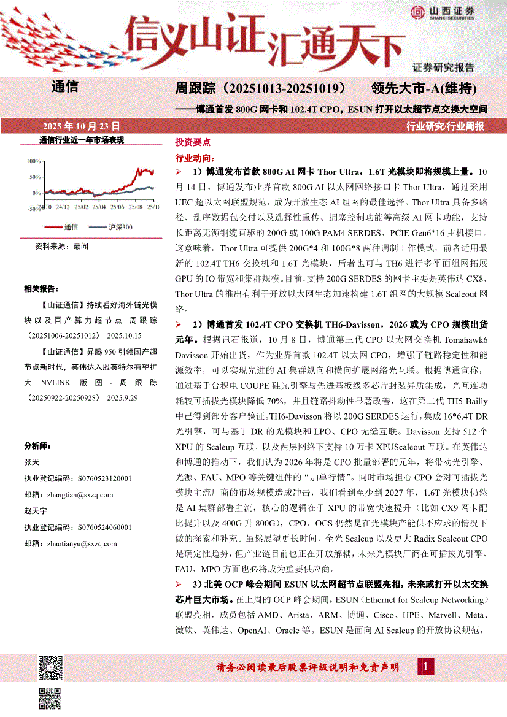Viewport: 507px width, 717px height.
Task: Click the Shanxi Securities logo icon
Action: tap(417, 12)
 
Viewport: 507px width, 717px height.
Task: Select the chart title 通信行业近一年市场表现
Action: tap(82, 140)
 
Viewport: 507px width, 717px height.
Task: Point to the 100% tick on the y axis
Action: tap(33, 161)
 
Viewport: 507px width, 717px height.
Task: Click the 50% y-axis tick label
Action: tap(35, 177)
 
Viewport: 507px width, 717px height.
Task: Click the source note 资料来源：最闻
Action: tap(61, 246)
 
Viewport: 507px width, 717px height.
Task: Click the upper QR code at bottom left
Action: tap(51, 667)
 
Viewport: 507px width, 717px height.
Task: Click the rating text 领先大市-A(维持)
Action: tap(424, 88)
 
